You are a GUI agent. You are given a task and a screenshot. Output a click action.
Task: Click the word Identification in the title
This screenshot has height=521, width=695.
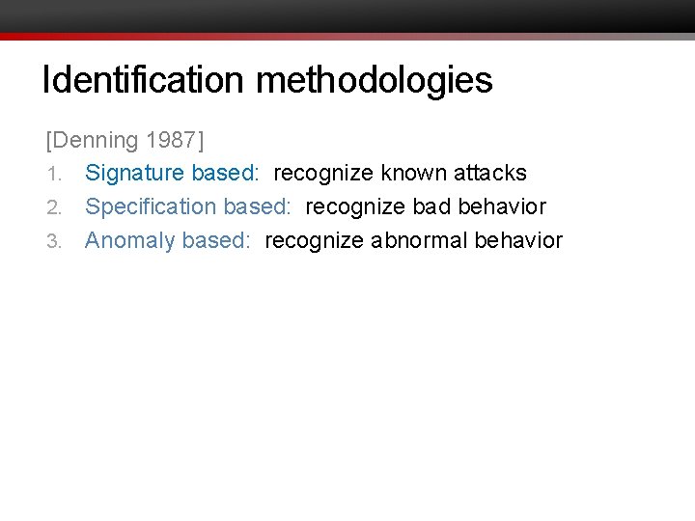[145, 80]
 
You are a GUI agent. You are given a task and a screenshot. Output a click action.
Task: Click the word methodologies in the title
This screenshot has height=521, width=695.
[374, 80]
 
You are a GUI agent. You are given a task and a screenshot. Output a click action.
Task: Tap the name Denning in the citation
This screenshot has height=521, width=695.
[95, 141]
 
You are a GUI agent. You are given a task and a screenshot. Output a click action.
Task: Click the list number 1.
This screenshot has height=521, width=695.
[54, 175]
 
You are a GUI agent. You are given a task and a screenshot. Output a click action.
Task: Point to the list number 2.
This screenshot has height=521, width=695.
[54, 207]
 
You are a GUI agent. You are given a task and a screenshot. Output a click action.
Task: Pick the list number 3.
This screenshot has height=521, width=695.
[54, 241]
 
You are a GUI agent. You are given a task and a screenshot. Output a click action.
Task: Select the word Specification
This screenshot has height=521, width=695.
[151, 206]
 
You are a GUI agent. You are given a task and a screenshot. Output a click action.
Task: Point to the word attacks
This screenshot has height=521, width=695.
[491, 174]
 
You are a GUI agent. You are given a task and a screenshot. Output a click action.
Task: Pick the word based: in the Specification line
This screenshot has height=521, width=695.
[257, 206]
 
